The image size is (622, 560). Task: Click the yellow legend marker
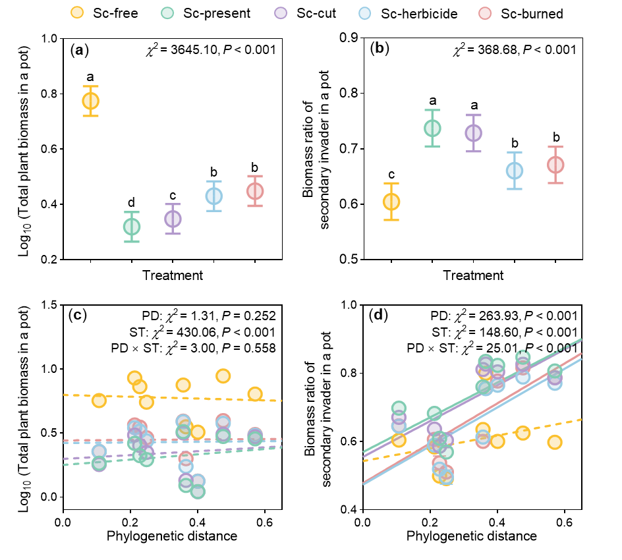pos(77,13)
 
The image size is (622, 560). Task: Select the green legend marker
pos(167,13)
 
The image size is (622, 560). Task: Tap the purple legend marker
pos(281,13)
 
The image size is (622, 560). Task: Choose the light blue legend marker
pos(364,13)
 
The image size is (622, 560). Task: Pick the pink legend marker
pos(485,13)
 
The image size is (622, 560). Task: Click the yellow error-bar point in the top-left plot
pos(90,101)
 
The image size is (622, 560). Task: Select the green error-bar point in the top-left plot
pos(132,227)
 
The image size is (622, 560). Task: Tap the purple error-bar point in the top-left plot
pos(173,219)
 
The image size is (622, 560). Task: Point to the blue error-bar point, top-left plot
pos(214,196)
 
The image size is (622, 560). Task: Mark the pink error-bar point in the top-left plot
pos(255,191)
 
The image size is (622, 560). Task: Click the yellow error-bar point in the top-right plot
pos(391,202)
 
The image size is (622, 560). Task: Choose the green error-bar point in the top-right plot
pos(432,128)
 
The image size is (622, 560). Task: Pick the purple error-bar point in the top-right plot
pos(473,133)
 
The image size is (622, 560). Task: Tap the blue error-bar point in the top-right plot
pos(515,171)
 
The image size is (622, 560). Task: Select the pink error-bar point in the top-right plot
pos(555,165)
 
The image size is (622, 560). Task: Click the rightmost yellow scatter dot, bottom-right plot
pos(555,442)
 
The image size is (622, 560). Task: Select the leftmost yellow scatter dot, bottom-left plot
pos(99,401)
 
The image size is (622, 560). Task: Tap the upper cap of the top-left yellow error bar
pos(90,86)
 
